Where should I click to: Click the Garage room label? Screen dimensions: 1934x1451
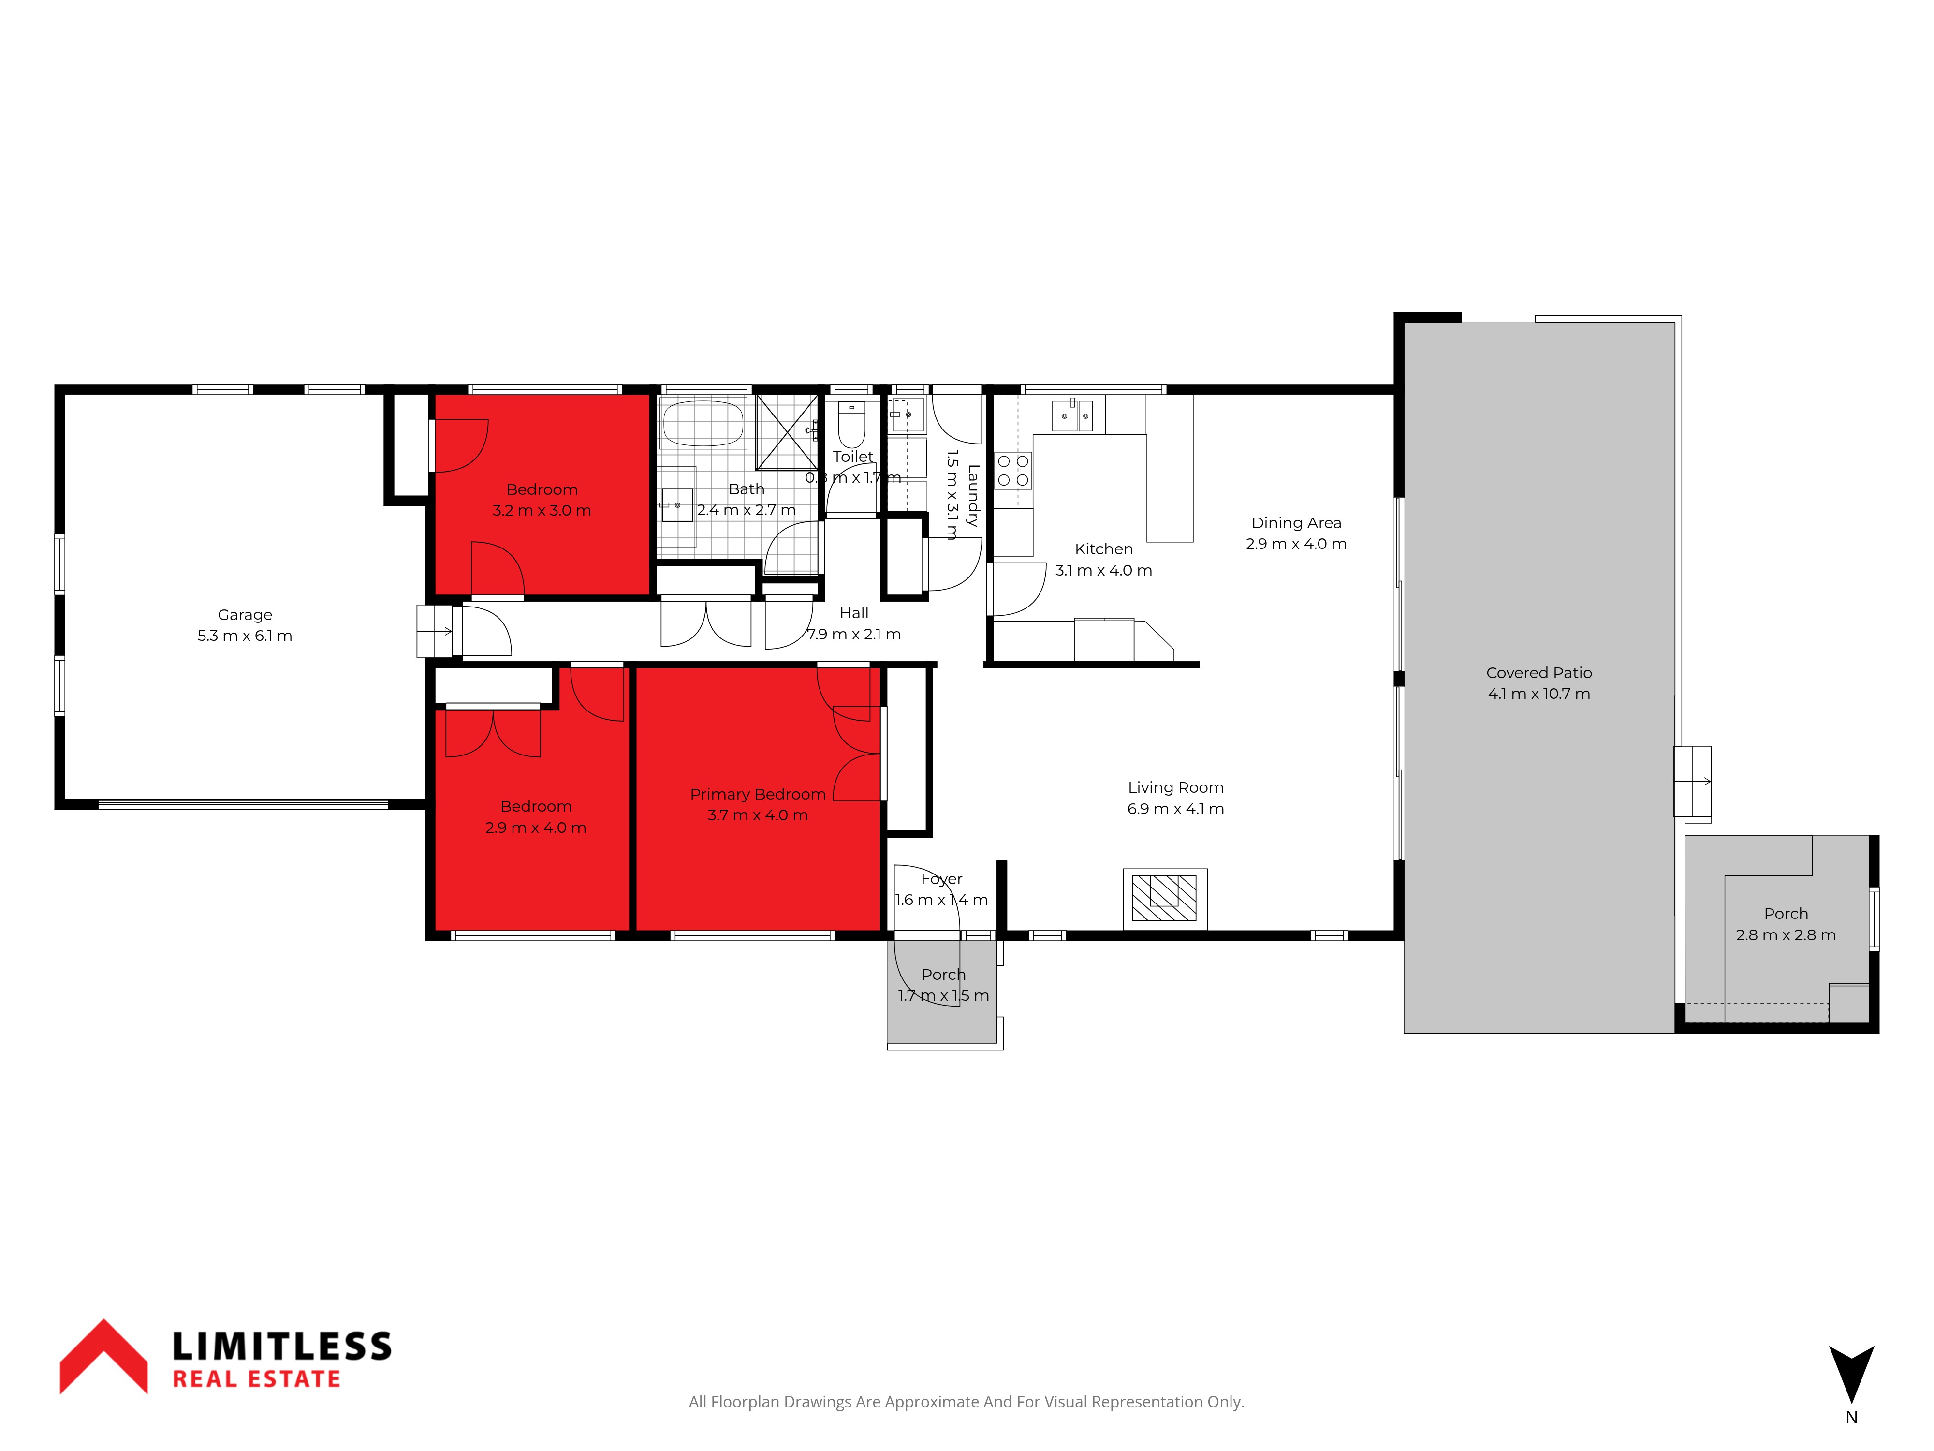pos(245,615)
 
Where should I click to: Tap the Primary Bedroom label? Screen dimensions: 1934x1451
pos(758,794)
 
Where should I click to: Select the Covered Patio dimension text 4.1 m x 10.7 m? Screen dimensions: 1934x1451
pos(1539,694)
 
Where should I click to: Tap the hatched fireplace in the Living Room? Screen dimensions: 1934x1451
pos(1165,898)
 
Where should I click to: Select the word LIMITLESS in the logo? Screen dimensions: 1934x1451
pos(281,1346)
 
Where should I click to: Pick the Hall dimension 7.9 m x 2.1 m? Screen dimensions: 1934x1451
pos(853,634)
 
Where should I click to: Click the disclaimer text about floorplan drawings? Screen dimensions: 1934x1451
pos(966,1402)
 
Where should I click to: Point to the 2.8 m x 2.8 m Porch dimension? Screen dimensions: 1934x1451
pos(1786,935)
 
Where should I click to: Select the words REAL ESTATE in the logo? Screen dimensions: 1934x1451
pos(256,1379)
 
